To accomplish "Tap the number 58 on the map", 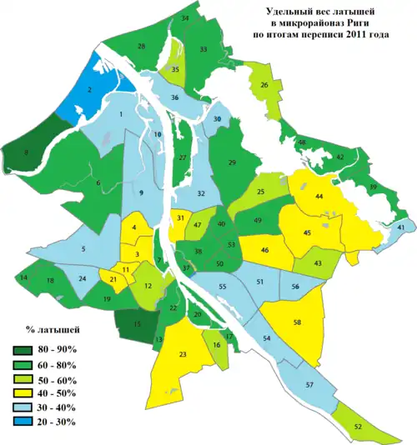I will (x=297, y=322).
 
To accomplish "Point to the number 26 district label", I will (x=264, y=85).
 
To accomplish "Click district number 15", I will (x=138, y=323).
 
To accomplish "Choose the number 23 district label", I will (x=183, y=355).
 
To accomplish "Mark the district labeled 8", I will (x=27, y=152).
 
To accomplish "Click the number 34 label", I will (x=184, y=17).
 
